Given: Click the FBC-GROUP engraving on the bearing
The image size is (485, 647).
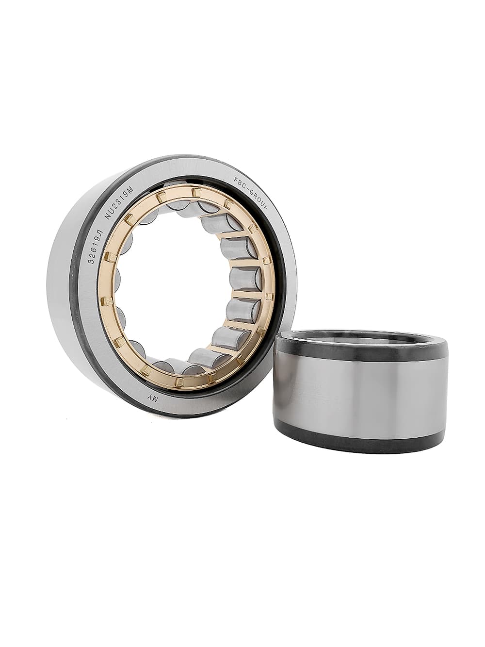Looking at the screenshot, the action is click(x=251, y=193).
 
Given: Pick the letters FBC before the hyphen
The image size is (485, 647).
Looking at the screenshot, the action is click(x=239, y=182).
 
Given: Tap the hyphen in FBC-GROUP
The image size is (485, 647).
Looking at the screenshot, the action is click(x=246, y=187).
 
